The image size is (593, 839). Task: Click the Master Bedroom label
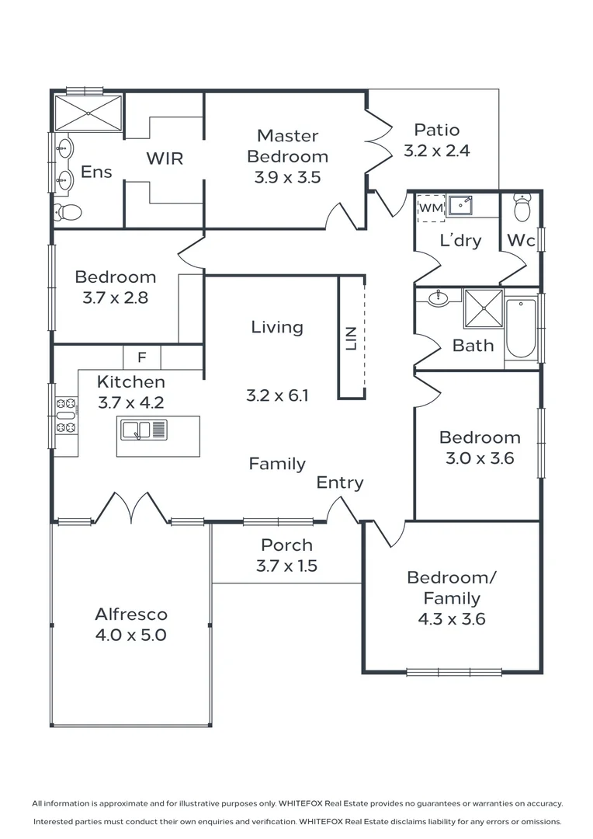[x=287, y=146]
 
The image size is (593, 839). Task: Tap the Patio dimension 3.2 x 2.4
[x=436, y=151]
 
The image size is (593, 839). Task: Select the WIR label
[x=165, y=158]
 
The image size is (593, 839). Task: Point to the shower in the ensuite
[x=88, y=113]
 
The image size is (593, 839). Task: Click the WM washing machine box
[x=431, y=208]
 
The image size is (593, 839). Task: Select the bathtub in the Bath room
[x=521, y=328]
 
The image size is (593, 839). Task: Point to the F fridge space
[x=142, y=357]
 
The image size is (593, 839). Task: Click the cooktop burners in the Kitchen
[x=66, y=415]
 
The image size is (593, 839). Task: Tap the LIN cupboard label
[x=351, y=339]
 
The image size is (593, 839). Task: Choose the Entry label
[x=340, y=482]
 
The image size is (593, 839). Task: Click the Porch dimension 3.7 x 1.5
[x=286, y=566]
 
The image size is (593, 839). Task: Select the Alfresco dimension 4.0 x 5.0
[x=131, y=635]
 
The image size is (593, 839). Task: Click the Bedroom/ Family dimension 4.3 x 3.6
[x=453, y=619]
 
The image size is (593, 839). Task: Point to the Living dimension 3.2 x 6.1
[x=277, y=395]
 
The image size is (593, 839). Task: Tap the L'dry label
[x=460, y=240]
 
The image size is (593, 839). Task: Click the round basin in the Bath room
[x=439, y=298]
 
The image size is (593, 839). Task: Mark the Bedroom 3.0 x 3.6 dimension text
[x=480, y=458]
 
